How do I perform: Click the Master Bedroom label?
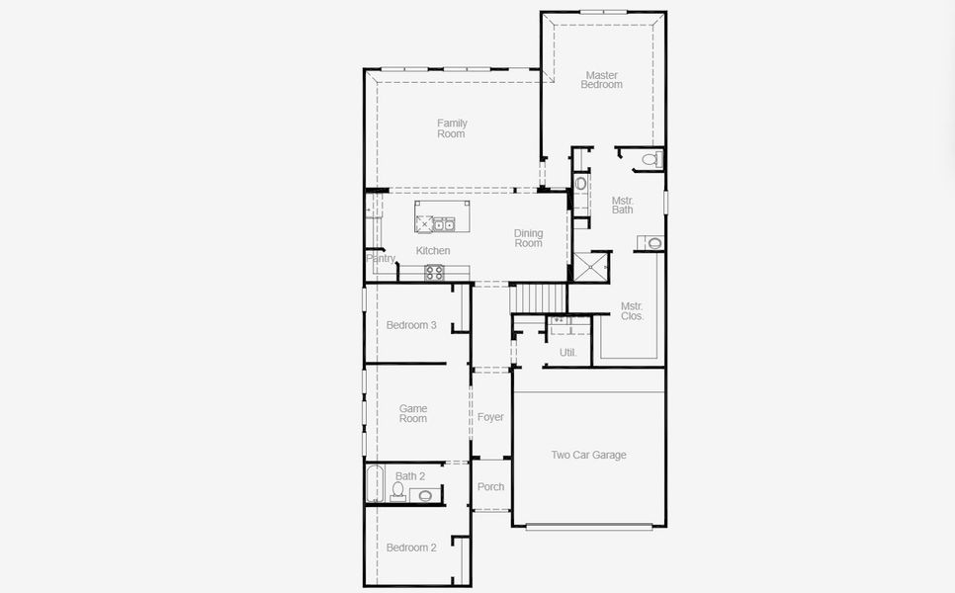pyautogui.click(x=601, y=80)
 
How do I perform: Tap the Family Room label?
pyautogui.click(x=452, y=128)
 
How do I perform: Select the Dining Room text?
pyautogui.click(x=528, y=238)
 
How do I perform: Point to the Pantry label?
pyautogui.click(x=381, y=259)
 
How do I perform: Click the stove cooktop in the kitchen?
pyautogui.click(x=434, y=273)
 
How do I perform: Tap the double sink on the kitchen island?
pyautogui.click(x=442, y=224)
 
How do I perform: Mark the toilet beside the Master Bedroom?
pyautogui.click(x=651, y=159)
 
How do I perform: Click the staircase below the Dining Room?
pyautogui.click(x=540, y=296)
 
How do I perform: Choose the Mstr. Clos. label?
pyautogui.click(x=632, y=311)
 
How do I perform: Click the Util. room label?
pyautogui.click(x=567, y=352)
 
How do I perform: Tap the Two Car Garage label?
pyautogui.click(x=588, y=456)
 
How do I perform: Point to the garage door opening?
pyautogui.click(x=588, y=527)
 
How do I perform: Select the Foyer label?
pyautogui.click(x=490, y=417)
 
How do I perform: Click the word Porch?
pyautogui.click(x=490, y=486)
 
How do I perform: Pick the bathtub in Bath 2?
pyautogui.click(x=374, y=484)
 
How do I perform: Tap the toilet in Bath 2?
pyautogui.click(x=397, y=490)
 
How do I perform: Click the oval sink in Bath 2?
pyautogui.click(x=425, y=495)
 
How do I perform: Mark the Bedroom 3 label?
pyautogui.click(x=411, y=325)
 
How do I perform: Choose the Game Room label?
pyautogui.click(x=413, y=413)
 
